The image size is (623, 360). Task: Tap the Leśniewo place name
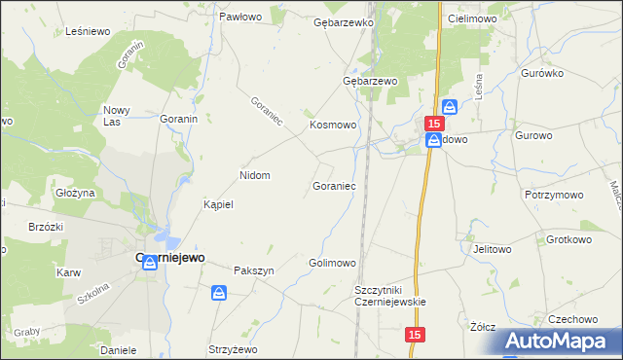pyautogui.click(x=86, y=31)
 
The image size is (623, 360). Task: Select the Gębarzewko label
pyautogui.click(x=344, y=21)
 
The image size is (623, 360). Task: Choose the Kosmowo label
pyautogui.click(x=334, y=126)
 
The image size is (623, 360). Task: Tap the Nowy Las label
pyautogui.click(x=118, y=116)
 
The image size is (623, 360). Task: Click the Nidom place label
pyautogui.click(x=254, y=176)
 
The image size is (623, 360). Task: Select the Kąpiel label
pyautogui.click(x=218, y=205)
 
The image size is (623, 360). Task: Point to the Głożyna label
pyautogui.click(x=75, y=193)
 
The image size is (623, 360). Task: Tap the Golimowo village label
pyautogui.click(x=332, y=264)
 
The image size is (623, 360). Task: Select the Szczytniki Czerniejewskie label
pyautogui.click(x=391, y=296)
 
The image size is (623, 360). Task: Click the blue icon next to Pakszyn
pyautogui.click(x=219, y=292)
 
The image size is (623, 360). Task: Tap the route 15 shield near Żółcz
pyautogui.click(x=416, y=334)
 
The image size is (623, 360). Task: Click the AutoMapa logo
pyautogui.click(x=564, y=342)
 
